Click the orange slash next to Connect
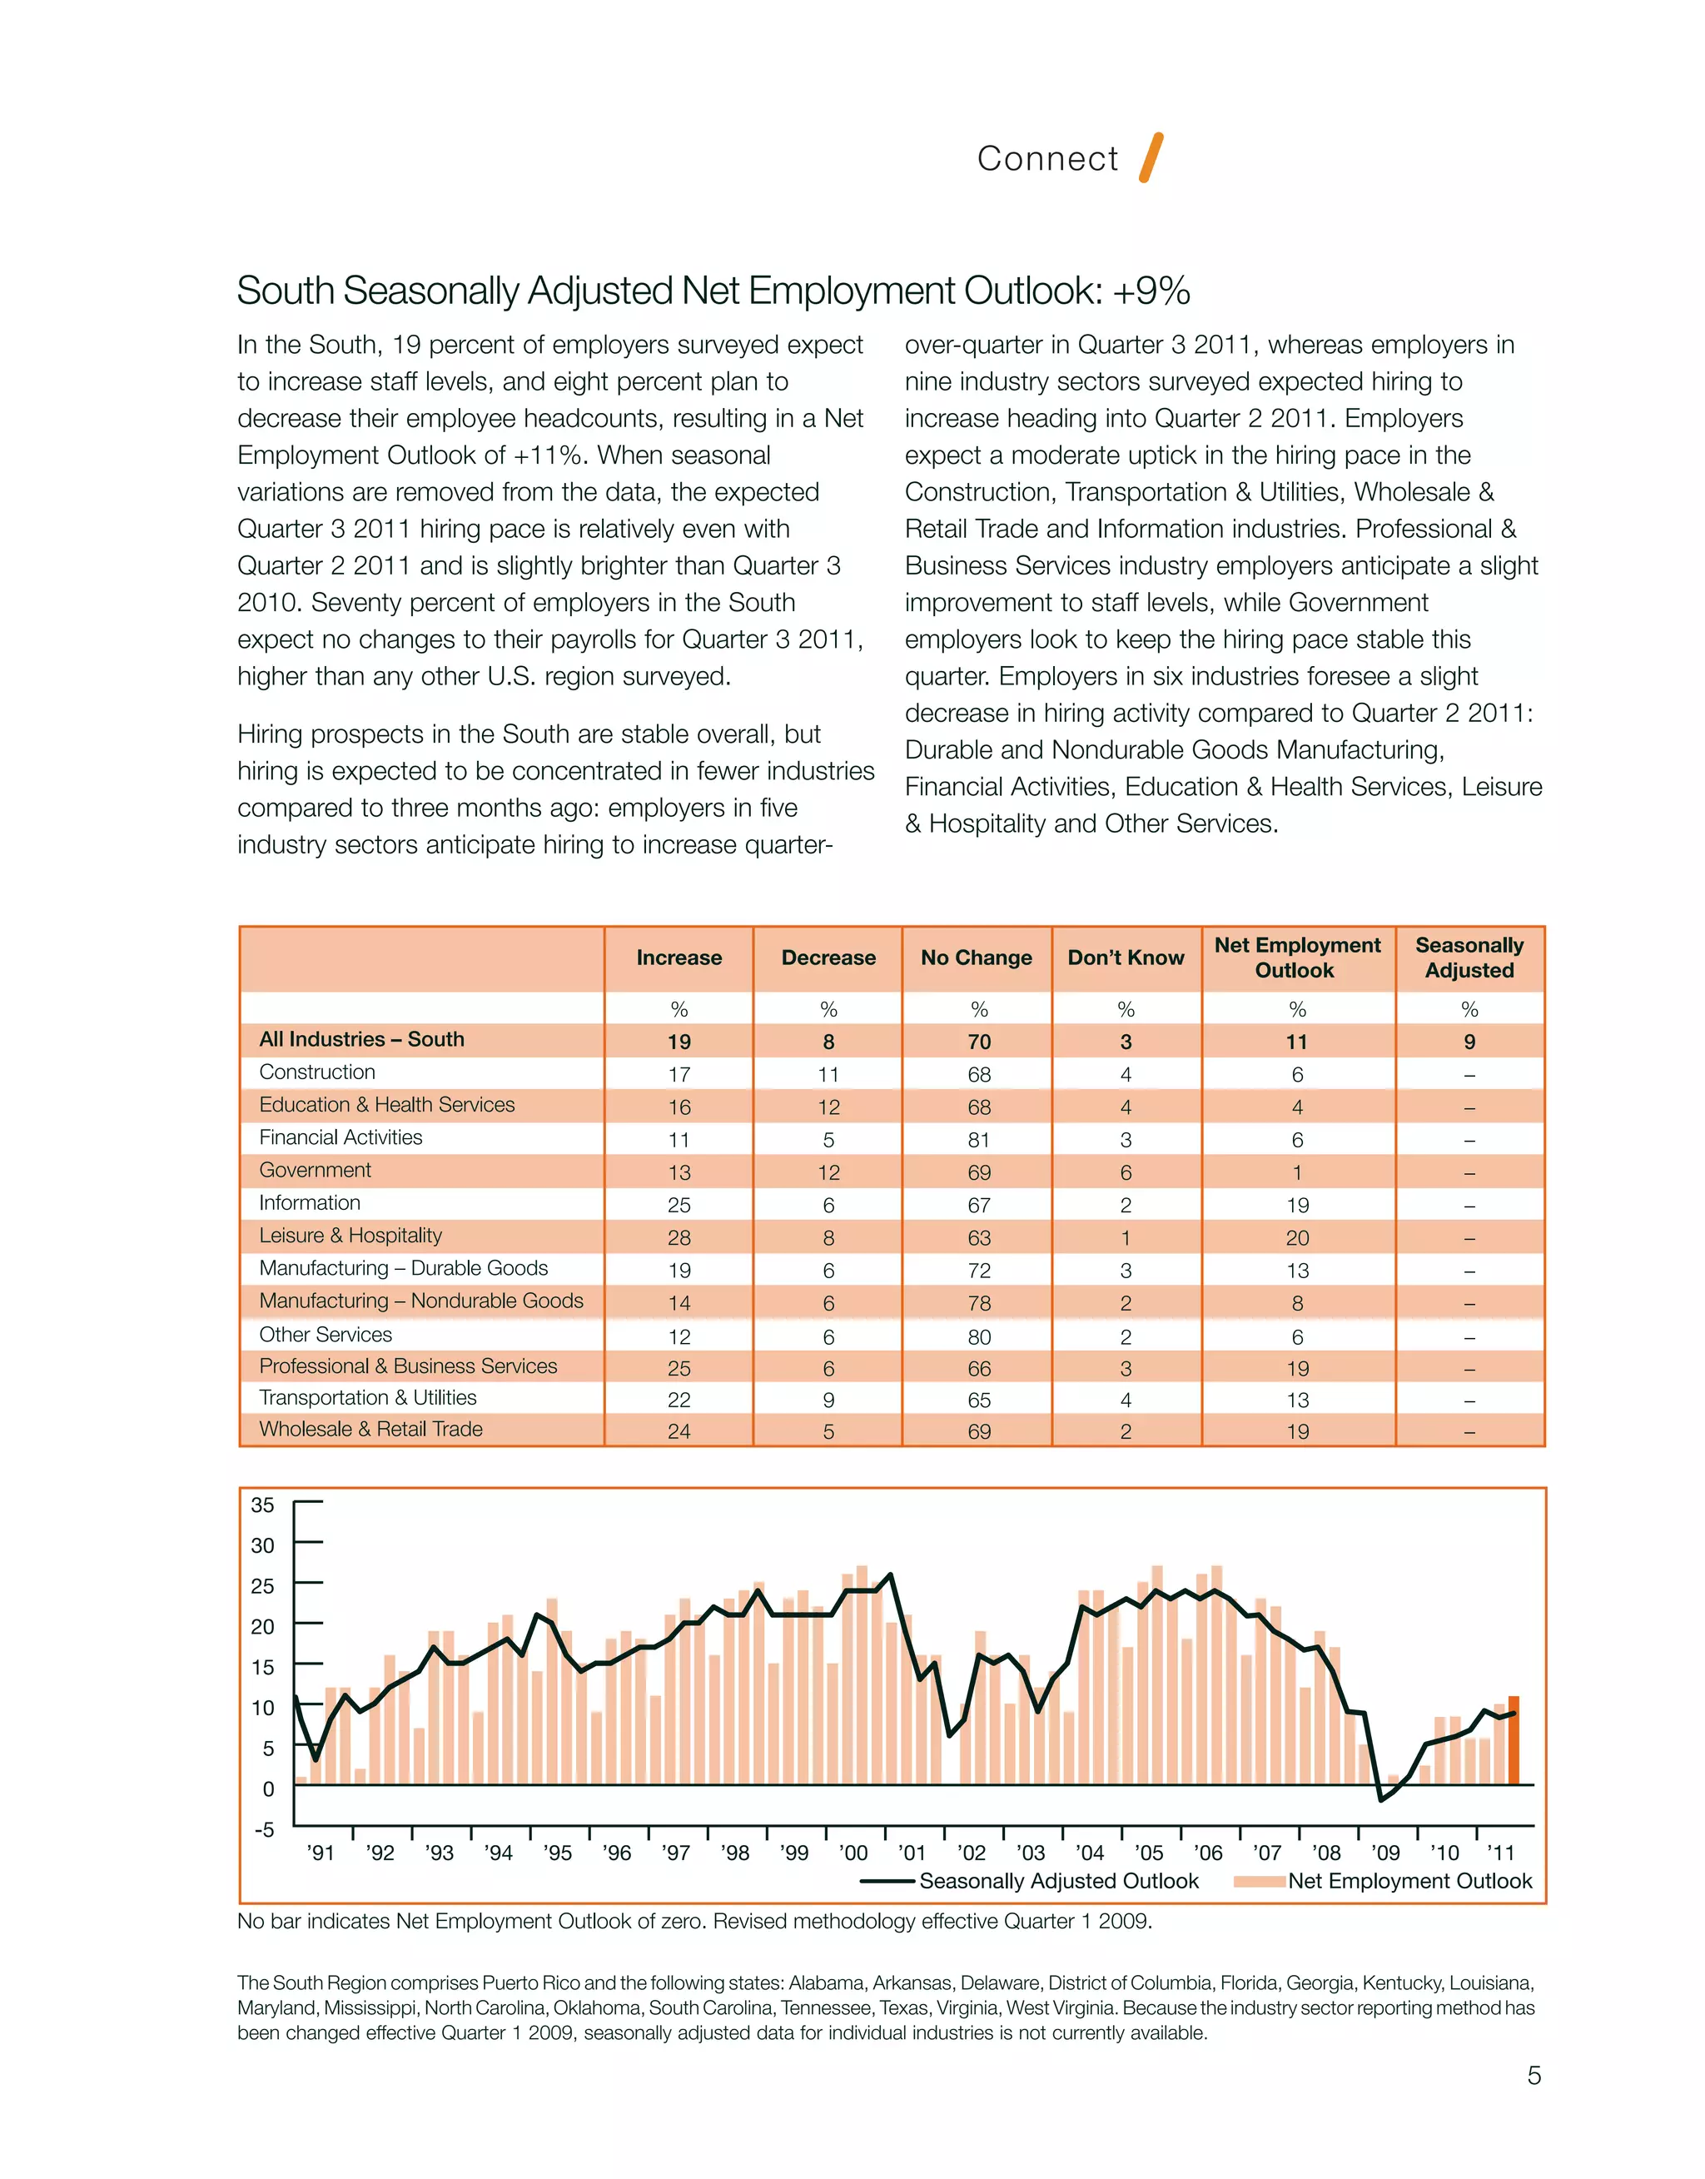pos(1151,157)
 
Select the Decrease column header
pos(828,958)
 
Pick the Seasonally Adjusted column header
pos(1469,958)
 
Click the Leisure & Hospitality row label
pos(350,1236)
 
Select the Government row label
pos(315,1170)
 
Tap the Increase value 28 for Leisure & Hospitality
pos(679,1238)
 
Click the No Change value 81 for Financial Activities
pos(978,1140)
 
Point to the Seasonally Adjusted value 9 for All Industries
pos(1469,1042)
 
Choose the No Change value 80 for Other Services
pos(978,1336)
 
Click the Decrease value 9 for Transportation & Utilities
pos(828,1400)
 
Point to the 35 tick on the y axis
pos(262,1505)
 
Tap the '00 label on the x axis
pos(853,1853)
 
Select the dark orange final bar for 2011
pos(1514,1741)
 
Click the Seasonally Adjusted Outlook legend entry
pos(1057,1882)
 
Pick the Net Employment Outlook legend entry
pos(1409,1882)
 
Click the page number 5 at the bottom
pos(1534,2077)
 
